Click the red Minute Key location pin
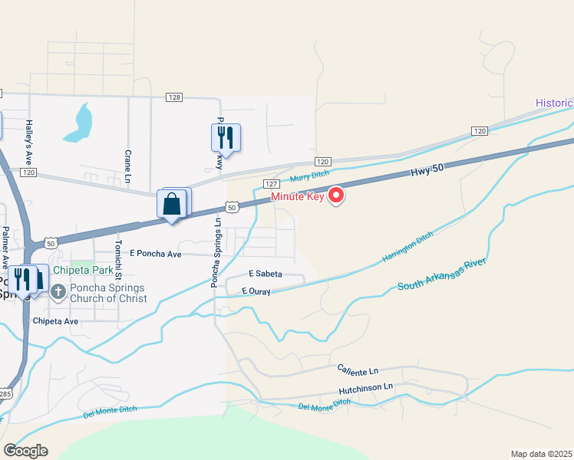(336, 196)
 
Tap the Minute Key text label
(298, 196)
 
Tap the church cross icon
(58, 291)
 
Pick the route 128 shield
(175, 97)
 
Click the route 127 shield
(271, 185)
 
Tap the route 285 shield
(5, 394)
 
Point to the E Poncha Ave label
(155, 253)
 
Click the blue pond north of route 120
(79, 123)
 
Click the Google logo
(25, 451)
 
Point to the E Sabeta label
(265, 274)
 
